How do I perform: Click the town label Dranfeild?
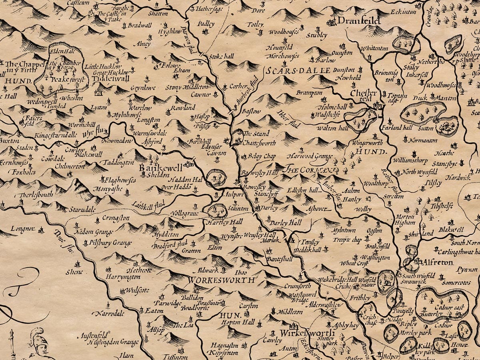coord(358,20)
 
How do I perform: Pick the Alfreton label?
coord(436,262)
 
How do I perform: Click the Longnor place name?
coord(23,230)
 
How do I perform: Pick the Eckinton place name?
coord(404,12)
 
